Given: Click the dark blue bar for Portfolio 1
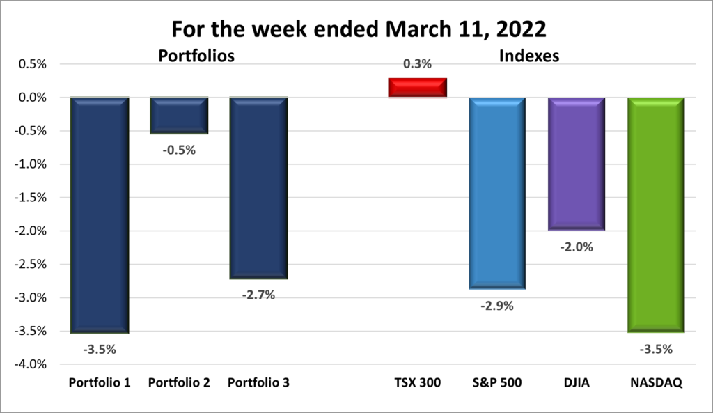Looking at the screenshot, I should [x=100, y=215].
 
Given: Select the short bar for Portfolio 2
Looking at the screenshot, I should [x=179, y=116].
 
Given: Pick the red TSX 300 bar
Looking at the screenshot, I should [x=417, y=88].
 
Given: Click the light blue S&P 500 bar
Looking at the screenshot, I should [x=496, y=193].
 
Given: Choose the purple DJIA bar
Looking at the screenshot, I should [x=576, y=164].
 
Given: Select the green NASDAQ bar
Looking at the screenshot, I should [x=656, y=215].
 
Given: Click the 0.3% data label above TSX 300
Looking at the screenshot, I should [x=417, y=64].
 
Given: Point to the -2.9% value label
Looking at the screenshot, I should [x=496, y=305].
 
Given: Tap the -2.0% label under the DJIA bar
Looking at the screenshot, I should [x=576, y=247].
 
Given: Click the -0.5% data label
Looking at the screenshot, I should [x=179, y=150].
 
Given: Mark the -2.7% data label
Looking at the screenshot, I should [x=258, y=295].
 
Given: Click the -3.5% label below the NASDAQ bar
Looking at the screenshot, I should [x=656, y=349].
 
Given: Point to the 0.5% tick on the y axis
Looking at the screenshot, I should [x=31, y=64].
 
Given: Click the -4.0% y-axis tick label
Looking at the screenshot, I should [x=29, y=364].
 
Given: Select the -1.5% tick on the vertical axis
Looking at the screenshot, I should [x=29, y=198].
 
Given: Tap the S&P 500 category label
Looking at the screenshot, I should [x=496, y=383].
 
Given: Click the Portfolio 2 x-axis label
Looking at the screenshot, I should [x=179, y=383].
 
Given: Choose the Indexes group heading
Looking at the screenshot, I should [x=528, y=56].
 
